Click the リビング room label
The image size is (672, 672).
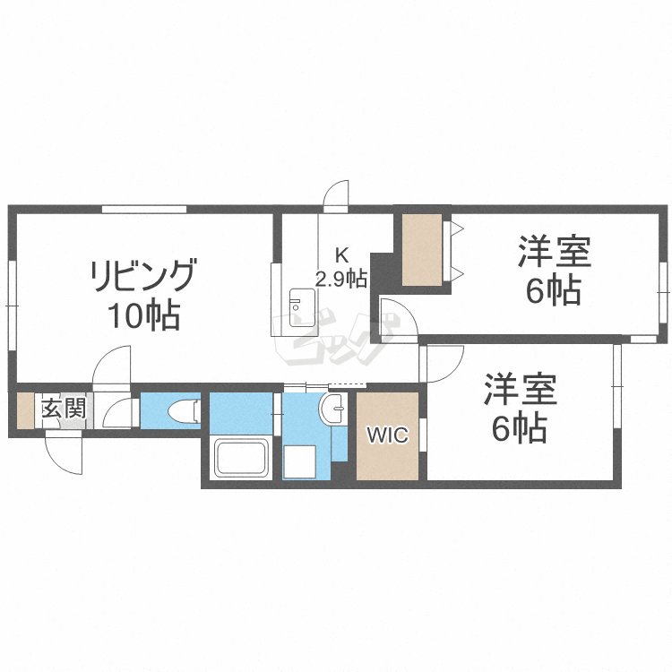[142, 275]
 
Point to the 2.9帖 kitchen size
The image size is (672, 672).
[340, 278]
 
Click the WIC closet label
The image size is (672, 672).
[387, 436]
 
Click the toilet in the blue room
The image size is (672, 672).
[182, 411]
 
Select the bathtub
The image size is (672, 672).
[241, 459]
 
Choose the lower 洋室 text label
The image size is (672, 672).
[520, 391]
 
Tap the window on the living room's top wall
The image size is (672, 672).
[143, 209]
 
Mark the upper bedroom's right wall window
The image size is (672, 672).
[661, 292]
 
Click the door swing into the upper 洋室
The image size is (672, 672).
[395, 318]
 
